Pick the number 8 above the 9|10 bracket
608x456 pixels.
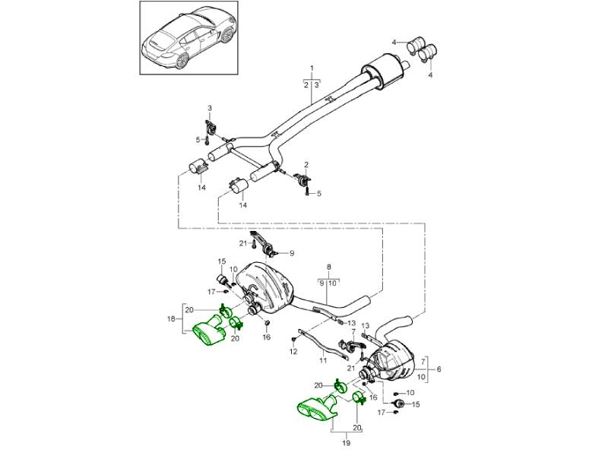coord(329,268)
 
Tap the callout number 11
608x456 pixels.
coord(322,359)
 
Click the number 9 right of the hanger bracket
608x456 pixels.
coord(291,253)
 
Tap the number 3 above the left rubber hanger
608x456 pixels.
coord(210,107)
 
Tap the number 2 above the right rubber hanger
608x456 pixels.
coord(306,165)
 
